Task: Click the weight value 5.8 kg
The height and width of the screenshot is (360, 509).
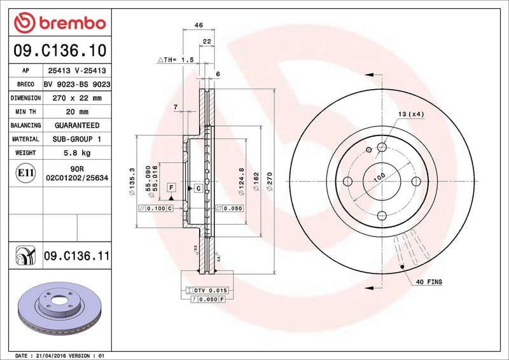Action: point(76,153)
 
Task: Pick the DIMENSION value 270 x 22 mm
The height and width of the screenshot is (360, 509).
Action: point(76,98)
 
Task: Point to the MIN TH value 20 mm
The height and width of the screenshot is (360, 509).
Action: point(76,112)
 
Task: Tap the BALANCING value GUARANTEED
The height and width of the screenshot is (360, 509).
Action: point(76,125)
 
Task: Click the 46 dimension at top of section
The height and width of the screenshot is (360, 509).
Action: point(198,25)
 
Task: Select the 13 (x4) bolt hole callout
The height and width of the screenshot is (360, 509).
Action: point(411,114)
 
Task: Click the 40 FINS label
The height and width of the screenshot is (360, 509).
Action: point(429,281)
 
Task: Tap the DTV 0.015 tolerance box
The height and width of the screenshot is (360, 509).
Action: point(209,290)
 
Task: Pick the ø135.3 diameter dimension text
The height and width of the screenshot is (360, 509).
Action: point(132,181)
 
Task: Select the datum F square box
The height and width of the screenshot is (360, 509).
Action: point(171,187)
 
